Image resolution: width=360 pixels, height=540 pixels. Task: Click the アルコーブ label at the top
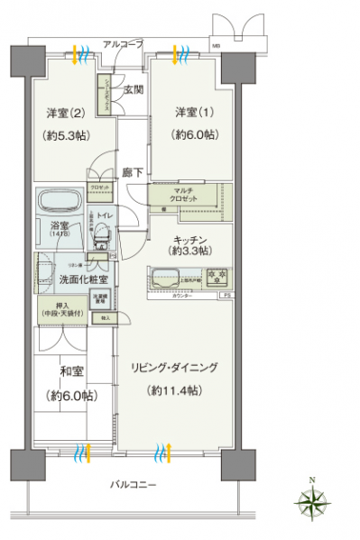[122, 42]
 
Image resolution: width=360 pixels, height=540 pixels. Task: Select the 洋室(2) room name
[65, 114]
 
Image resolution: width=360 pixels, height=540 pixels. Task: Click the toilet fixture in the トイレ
[102, 238]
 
